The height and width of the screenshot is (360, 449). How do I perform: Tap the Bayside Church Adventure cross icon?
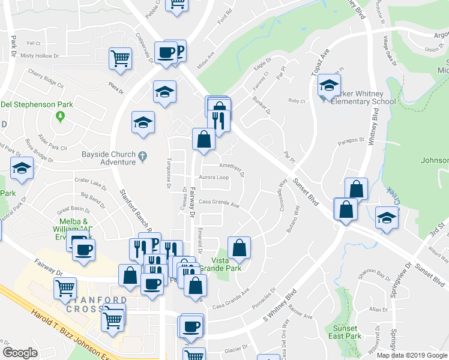click(x=142, y=158)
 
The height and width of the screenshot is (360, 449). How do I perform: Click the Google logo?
click(x=20, y=353)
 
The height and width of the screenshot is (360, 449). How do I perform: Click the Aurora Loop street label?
click(x=214, y=178)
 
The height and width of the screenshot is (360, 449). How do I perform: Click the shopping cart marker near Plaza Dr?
click(x=120, y=59)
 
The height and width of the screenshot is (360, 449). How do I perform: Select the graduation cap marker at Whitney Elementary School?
click(x=329, y=86)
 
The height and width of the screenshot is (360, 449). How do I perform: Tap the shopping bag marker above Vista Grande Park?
click(x=239, y=248)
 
